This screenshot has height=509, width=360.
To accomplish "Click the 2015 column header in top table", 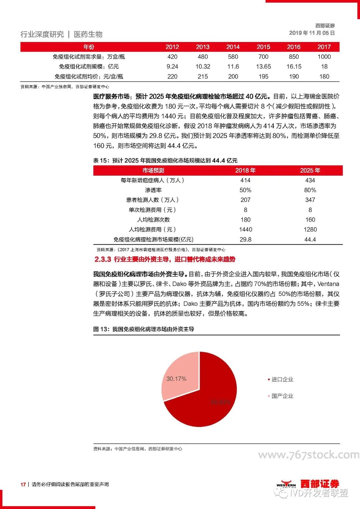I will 263,47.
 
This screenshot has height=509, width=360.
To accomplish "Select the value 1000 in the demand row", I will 324,57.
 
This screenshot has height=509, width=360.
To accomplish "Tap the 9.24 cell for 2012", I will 172,67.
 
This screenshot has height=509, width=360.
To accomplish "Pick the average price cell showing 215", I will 203,76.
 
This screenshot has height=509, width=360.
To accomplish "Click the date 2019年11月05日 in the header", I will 312,33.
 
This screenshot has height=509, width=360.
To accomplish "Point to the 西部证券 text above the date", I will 325,26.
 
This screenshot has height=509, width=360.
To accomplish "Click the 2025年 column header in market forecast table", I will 310,170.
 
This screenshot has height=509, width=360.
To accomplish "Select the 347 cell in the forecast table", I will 310,200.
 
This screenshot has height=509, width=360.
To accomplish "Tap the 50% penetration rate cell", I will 245,190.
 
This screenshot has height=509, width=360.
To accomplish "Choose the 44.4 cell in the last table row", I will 310,239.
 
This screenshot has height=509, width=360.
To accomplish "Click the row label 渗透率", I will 153,190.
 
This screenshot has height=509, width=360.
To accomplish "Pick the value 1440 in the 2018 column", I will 245,229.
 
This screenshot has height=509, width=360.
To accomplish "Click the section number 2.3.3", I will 103,259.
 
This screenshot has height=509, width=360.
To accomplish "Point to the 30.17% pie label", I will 176,379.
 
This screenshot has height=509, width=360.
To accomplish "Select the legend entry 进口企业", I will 282,379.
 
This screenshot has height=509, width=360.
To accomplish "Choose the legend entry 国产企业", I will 282,396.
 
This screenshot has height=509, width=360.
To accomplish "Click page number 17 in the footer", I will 23,484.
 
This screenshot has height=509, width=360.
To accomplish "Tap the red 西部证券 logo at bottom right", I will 319,484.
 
